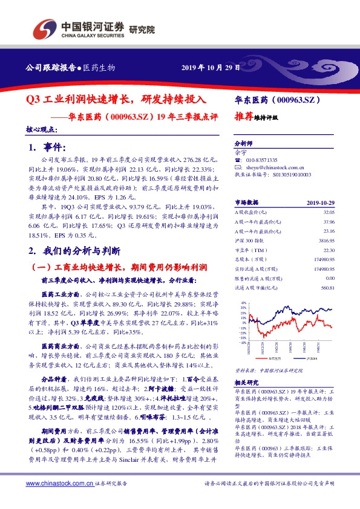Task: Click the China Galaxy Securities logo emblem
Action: pyautogui.click(x=44, y=30)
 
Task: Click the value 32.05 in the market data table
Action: pyautogui.click(x=327, y=212)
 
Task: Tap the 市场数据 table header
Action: pyautogui.click(x=246, y=203)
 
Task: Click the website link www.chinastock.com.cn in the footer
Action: pyautogui.click(x=59, y=484)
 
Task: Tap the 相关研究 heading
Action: pyautogui.click(x=246, y=383)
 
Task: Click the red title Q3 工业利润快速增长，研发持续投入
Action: pyautogui.click(x=116, y=99)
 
